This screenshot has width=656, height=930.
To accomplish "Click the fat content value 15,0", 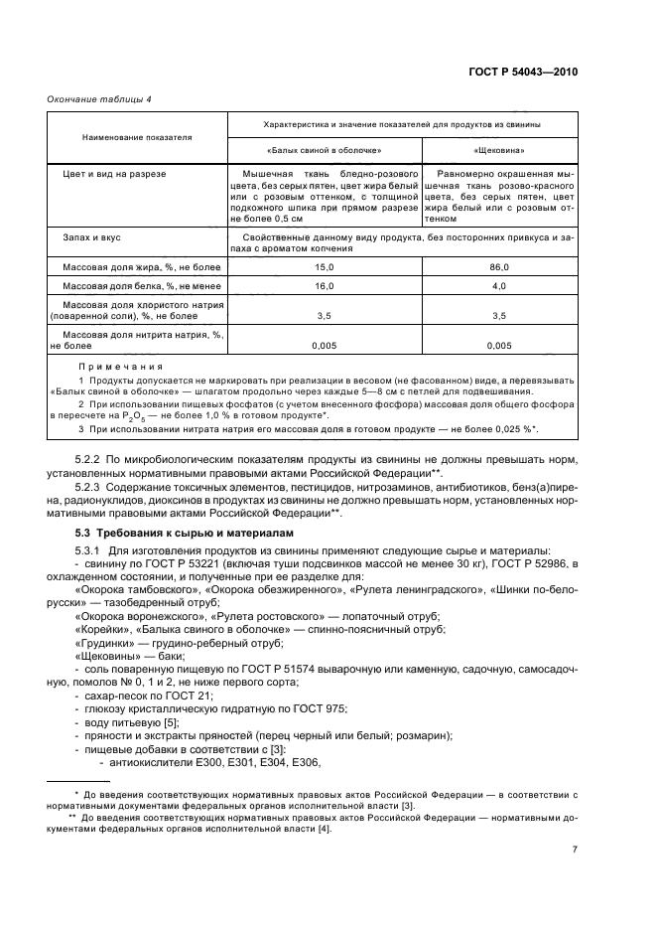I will [x=325, y=268].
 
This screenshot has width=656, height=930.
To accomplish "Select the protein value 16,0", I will [x=325, y=286].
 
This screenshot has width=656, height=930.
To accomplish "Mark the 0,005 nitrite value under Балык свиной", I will [x=325, y=346].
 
